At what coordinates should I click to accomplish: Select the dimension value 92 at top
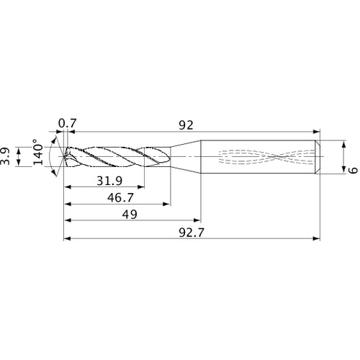(x=185, y=125)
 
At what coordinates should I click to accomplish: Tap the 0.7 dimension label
(x=67, y=125)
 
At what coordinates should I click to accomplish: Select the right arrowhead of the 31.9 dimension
(x=140, y=187)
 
